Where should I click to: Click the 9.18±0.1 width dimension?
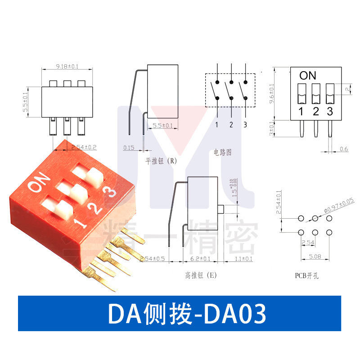(x=67, y=67)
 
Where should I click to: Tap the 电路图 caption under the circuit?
(x=223, y=153)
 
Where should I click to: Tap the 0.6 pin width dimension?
(x=344, y=149)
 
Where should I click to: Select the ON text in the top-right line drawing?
(x=308, y=76)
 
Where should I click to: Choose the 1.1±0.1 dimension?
(x=243, y=259)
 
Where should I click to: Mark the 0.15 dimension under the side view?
(x=129, y=148)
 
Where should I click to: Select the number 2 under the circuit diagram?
(x=231, y=125)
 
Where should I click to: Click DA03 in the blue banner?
(x=236, y=314)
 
